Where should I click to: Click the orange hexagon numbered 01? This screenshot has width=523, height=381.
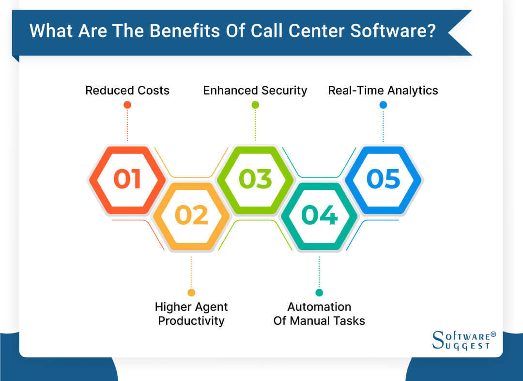point(127,179)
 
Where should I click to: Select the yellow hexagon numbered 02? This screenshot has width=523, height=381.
point(191,216)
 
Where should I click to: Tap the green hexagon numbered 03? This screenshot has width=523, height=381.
point(255,179)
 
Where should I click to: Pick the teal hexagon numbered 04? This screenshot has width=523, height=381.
point(319,216)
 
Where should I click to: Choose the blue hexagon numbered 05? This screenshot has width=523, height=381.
point(384,179)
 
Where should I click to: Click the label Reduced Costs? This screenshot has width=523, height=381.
point(127,91)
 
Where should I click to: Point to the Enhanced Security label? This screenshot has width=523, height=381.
point(255,91)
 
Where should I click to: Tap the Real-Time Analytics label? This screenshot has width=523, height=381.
point(383,91)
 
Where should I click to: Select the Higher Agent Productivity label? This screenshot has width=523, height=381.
point(191,314)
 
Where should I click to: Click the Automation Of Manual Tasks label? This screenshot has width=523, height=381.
point(319,314)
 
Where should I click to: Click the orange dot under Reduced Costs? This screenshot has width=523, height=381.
point(127,105)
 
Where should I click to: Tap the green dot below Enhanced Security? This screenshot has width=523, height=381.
point(255,105)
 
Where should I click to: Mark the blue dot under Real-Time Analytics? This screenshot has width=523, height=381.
point(383,105)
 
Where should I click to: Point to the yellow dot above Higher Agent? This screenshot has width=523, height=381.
point(191,292)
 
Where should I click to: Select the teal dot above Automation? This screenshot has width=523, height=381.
point(319,292)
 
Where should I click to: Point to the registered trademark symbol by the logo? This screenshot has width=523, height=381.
point(493,334)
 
